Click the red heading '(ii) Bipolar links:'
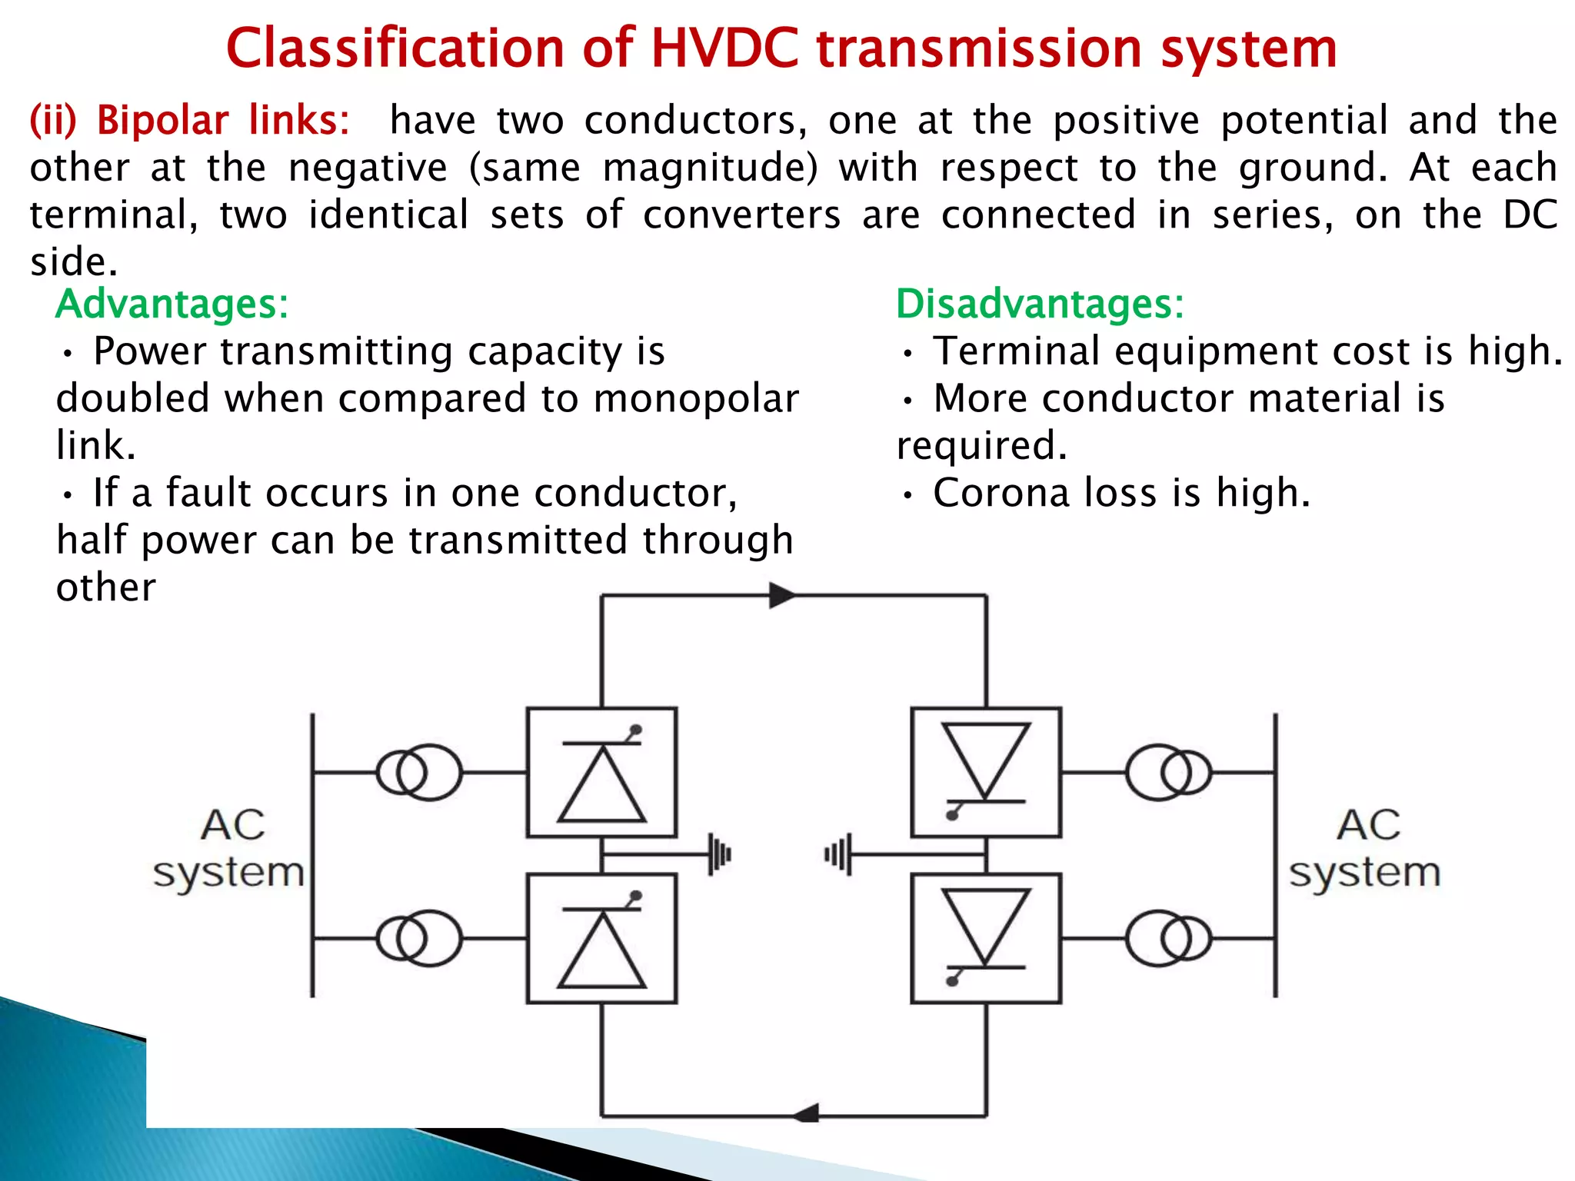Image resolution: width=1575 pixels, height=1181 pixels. pyautogui.click(x=189, y=121)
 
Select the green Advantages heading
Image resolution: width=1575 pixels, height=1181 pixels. pyautogui.click(x=172, y=304)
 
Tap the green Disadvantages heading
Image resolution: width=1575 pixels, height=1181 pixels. pyautogui.click(x=1040, y=304)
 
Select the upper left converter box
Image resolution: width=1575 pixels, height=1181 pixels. pyautogui.click(x=601, y=772)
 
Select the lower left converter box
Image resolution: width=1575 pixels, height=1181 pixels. pyautogui.click(x=601, y=938)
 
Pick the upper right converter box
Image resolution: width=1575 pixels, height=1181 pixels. pyautogui.click(x=986, y=772)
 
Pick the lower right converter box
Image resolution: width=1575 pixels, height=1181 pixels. pyautogui.click(x=986, y=938)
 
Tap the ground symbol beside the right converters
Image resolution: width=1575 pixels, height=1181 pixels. pyautogui.click(x=838, y=853)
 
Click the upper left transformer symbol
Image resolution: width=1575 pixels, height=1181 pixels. pyautogui.click(x=419, y=772)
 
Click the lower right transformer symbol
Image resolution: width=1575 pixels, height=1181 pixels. pyautogui.click(x=1168, y=938)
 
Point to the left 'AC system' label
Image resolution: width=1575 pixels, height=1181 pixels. pyautogui.click(x=230, y=849)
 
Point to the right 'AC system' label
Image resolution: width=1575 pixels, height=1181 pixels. pyautogui.click(x=1365, y=849)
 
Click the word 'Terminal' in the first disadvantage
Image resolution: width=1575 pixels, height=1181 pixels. pyautogui.click(x=1016, y=351)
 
